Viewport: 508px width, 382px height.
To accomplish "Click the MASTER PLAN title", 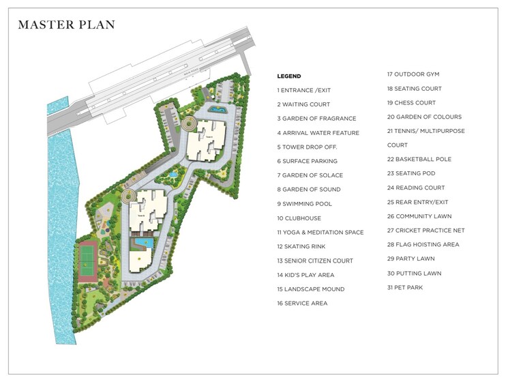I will pyautogui.click(x=66, y=25).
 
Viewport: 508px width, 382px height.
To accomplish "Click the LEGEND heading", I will pyautogui.click(x=288, y=76).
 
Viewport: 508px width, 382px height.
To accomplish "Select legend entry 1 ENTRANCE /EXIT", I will pyautogui.click(x=305, y=90).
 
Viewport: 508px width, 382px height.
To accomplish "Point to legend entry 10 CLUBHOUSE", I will pyautogui.click(x=299, y=218).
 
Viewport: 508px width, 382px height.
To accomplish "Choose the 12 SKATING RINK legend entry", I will pyautogui.click(x=304, y=246).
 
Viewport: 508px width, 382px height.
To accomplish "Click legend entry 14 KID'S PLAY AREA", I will pyautogui.click(x=305, y=274).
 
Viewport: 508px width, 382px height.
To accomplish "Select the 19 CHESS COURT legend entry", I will pyautogui.click(x=411, y=102).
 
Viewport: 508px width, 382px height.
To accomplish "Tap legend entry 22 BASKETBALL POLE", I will pyautogui.click(x=419, y=159).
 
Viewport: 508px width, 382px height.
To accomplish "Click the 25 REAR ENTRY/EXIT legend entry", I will pyautogui.click(x=418, y=202).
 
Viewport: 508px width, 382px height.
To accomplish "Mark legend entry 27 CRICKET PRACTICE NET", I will pyautogui.click(x=425, y=231).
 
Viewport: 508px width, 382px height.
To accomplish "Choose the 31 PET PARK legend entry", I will pyautogui.click(x=405, y=287).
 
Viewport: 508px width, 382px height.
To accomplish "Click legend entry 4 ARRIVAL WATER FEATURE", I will pyautogui.click(x=318, y=132).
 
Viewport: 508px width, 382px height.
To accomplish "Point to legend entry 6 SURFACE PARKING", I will pyautogui.click(x=307, y=161).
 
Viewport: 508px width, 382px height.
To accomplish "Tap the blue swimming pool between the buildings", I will pyautogui.click(x=143, y=241).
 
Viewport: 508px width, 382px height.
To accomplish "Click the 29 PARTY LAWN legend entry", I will pyautogui.click(x=410, y=259).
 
